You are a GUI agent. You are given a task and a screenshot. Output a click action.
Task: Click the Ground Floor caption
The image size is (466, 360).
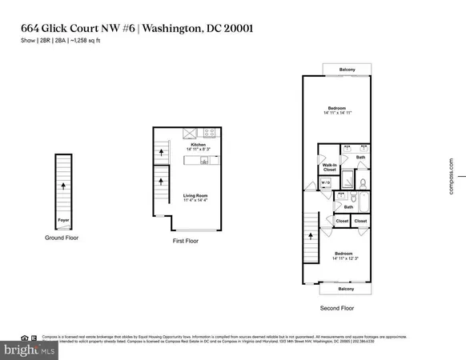coord(62,238)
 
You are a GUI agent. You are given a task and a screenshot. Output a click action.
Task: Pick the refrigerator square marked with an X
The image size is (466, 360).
coord(189,133)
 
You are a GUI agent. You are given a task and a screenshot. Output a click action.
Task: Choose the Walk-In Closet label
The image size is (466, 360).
coord(328,167)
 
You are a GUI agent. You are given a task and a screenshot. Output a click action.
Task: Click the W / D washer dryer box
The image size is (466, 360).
coord(325,183)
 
